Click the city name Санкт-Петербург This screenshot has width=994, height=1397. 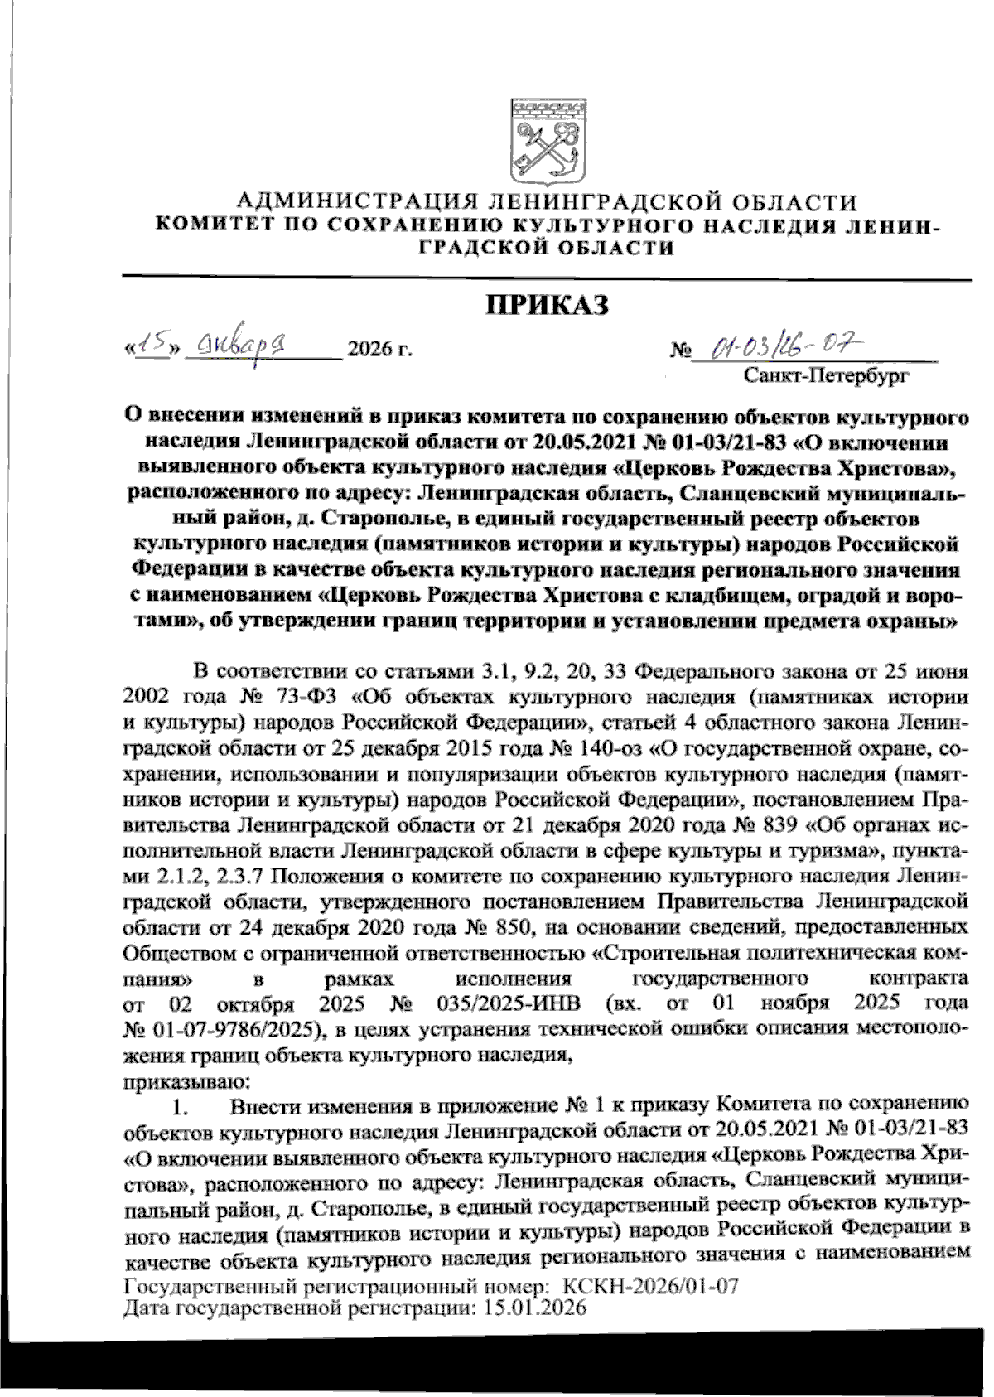point(826,378)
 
